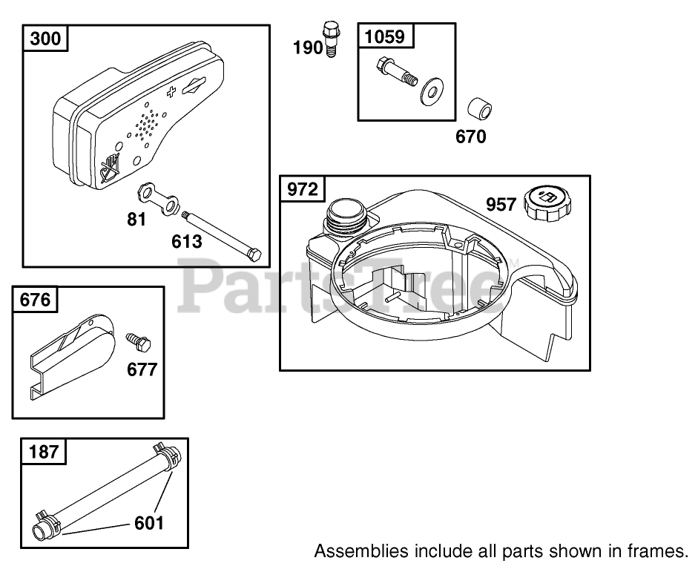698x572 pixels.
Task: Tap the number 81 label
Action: pyautogui.click(x=136, y=219)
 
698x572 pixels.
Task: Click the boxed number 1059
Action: pyautogui.click(x=386, y=36)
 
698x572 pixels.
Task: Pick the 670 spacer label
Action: pyautogui.click(x=470, y=137)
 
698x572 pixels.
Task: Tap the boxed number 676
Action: pyautogui.click(x=35, y=300)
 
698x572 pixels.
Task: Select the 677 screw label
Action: pyautogui.click(x=142, y=369)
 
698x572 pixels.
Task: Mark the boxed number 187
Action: pyautogui.click(x=44, y=450)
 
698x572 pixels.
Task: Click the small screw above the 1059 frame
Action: pyautogui.click(x=332, y=38)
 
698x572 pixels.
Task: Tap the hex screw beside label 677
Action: pyautogui.click(x=138, y=342)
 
